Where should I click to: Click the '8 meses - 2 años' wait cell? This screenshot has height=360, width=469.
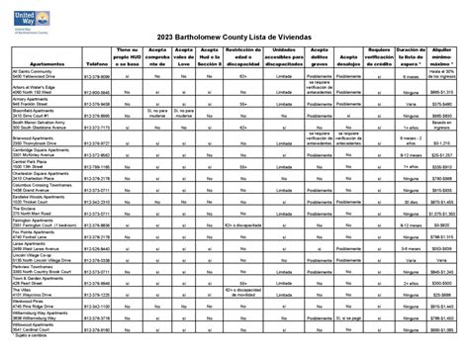(413, 142)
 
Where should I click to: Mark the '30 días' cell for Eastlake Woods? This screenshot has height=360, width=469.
(413, 198)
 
